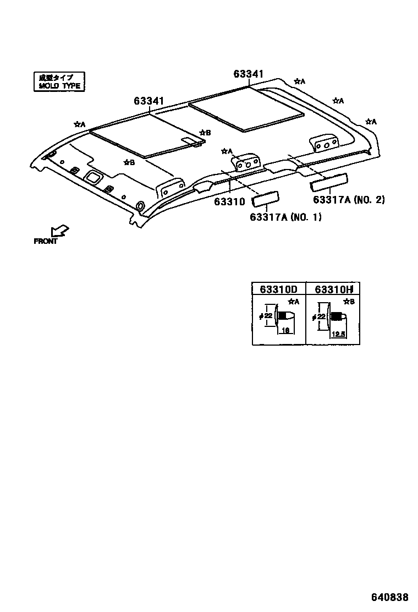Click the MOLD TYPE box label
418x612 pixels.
pyautogui.click(x=59, y=81)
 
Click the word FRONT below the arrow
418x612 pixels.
pyautogui.click(x=46, y=241)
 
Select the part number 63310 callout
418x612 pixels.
pyautogui.click(x=229, y=202)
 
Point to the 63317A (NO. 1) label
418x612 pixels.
pyautogui.click(x=285, y=217)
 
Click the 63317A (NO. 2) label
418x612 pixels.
pyautogui.click(x=349, y=199)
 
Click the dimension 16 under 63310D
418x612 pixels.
pyautogui.click(x=285, y=330)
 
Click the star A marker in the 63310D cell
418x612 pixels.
pyautogui.click(x=294, y=302)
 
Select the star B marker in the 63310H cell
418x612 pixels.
pyautogui.click(x=349, y=302)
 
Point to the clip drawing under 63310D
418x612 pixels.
pyautogui.click(x=284, y=316)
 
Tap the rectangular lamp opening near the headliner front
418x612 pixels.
pyautogui.click(x=93, y=177)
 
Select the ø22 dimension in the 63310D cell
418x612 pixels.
pyautogui.click(x=266, y=315)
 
